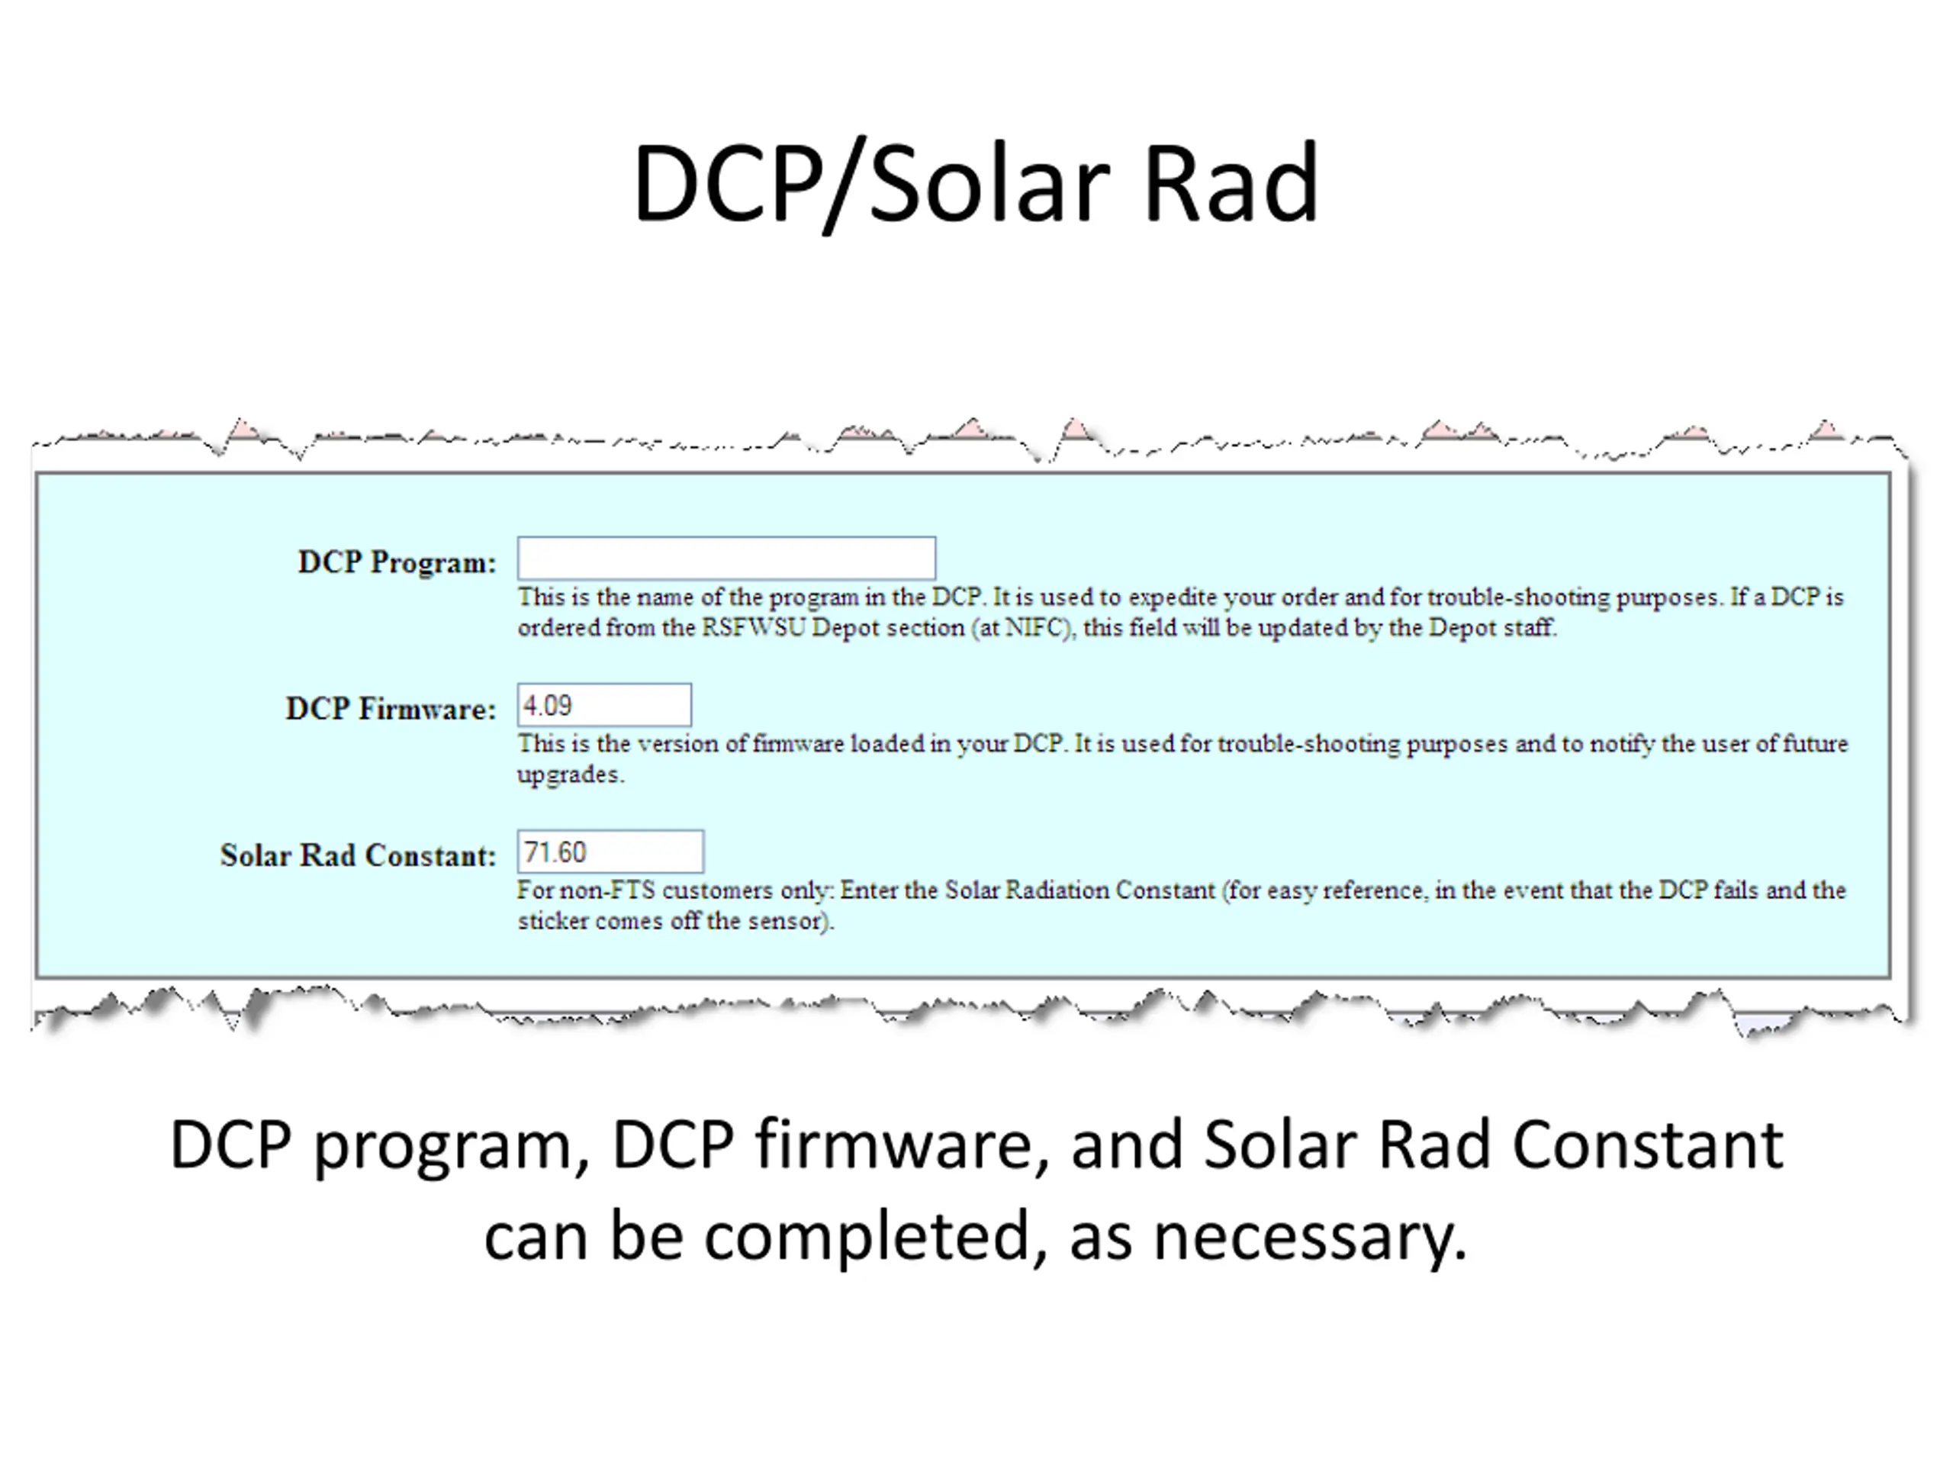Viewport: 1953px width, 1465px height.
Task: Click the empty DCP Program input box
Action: pos(726,558)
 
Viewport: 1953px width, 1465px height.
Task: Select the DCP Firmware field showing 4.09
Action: pos(604,706)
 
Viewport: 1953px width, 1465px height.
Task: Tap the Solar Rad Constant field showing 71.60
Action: pos(610,852)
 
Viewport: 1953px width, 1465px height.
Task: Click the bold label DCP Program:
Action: pos(397,562)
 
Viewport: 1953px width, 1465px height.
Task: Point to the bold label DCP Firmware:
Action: pos(391,709)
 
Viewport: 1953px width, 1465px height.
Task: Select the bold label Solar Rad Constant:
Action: pos(359,855)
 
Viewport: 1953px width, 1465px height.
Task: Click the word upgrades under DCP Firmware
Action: pos(568,775)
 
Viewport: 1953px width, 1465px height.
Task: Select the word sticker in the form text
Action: pos(552,921)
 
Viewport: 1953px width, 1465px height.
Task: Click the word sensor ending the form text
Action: pos(786,921)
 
